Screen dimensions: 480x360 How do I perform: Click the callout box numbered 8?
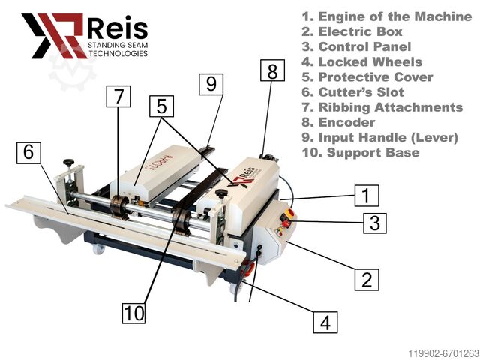(x=272, y=70)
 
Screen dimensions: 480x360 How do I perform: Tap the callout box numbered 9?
(x=211, y=84)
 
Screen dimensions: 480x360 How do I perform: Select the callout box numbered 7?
(x=118, y=97)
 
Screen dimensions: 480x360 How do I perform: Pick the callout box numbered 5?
(x=162, y=106)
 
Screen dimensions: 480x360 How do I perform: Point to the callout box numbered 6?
(x=28, y=152)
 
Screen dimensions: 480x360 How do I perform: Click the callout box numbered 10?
(x=133, y=313)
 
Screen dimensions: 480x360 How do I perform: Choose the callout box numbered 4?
(x=325, y=322)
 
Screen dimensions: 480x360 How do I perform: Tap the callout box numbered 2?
(x=367, y=280)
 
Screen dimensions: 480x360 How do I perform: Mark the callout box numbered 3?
(x=375, y=223)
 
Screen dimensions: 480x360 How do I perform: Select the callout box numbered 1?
(x=367, y=196)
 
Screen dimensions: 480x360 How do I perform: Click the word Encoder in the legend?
(x=346, y=122)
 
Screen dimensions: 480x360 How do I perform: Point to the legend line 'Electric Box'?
(x=352, y=31)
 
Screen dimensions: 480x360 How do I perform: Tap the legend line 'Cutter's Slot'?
(x=353, y=92)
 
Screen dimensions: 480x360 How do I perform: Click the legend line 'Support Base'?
(x=361, y=152)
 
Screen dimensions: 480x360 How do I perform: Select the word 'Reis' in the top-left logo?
(x=118, y=28)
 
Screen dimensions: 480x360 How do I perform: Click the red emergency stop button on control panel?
(x=289, y=213)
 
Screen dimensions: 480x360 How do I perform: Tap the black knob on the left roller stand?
(x=69, y=162)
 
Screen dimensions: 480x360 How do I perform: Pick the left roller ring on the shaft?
(x=118, y=207)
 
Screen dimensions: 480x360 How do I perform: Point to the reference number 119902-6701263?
(x=443, y=353)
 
